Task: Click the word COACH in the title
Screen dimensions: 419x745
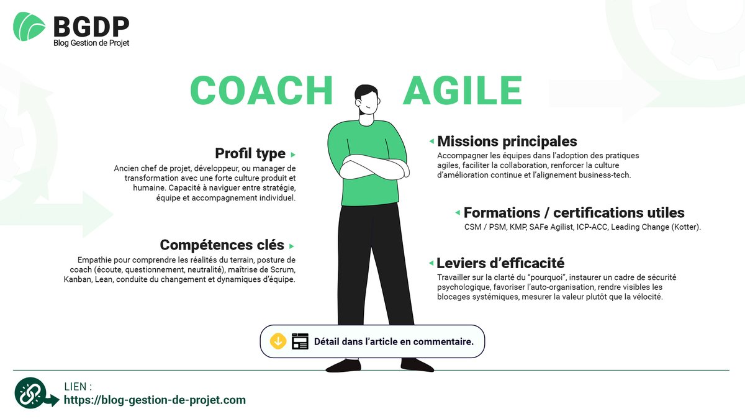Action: pos(261,91)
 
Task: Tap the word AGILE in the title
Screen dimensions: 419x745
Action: pos(463,91)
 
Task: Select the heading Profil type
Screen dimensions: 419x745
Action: pos(250,153)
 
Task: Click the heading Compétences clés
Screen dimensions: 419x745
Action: pos(222,245)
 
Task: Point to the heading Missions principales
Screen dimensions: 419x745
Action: pos(507,142)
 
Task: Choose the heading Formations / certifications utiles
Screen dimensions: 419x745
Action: pos(574,213)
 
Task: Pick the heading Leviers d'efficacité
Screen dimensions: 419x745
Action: pos(500,263)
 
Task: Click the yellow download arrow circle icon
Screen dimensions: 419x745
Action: pos(278,341)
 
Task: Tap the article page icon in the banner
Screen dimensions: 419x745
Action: pos(300,341)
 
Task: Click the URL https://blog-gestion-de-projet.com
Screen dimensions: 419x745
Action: pos(155,400)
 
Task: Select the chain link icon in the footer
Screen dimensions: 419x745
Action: pos(31,393)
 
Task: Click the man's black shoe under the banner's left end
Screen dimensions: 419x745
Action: pos(343,365)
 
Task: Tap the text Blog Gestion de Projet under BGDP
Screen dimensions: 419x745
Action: pos(91,43)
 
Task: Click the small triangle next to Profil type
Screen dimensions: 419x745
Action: pos(293,155)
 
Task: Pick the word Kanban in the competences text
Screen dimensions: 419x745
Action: pos(76,279)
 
